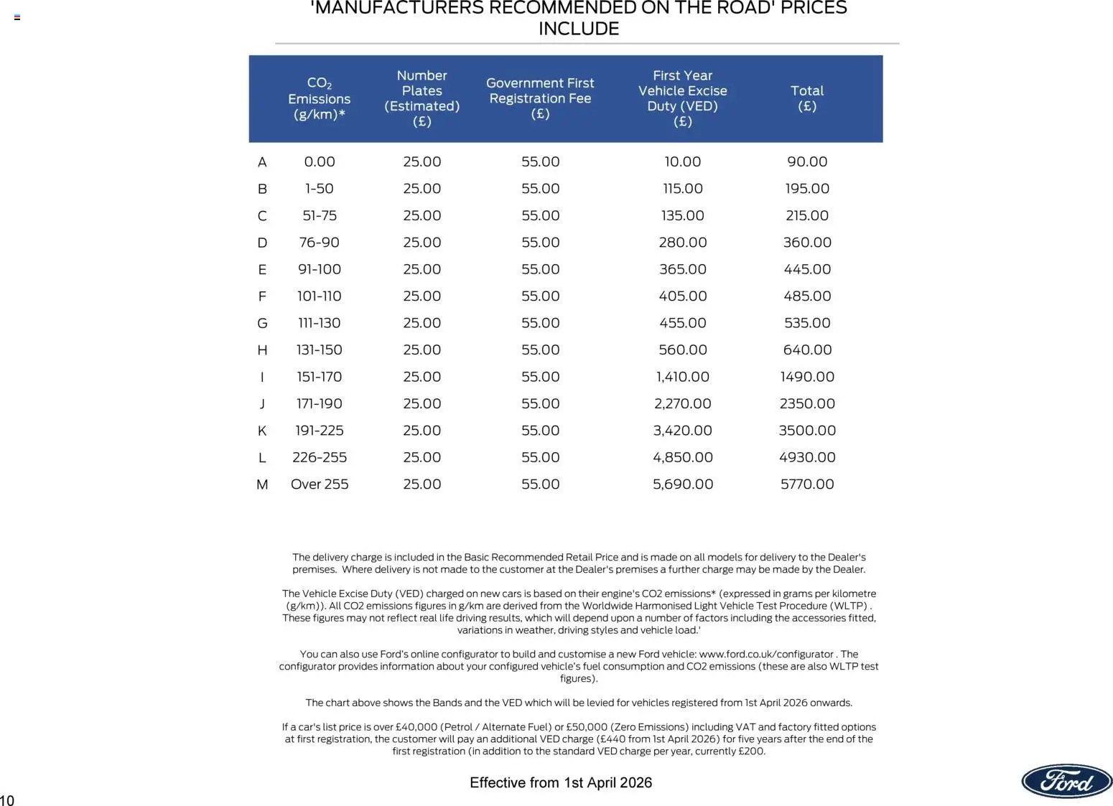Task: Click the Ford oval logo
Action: click(1066, 781)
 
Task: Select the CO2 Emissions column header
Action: click(320, 98)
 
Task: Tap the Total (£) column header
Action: click(807, 98)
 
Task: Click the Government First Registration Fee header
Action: click(540, 98)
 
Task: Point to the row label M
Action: click(262, 484)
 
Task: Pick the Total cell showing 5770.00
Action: click(807, 484)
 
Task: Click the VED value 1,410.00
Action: click(682, 377)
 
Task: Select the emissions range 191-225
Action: click(320, 431)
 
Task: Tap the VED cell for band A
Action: click(682, 162)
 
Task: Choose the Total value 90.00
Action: click(807, 162)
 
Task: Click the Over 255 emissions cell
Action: click(320, 484)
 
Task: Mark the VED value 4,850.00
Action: click(682, 457)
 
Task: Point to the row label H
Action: click(262, 350)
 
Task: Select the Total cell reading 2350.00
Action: click(807, 403)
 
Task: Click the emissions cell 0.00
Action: click(320, 162)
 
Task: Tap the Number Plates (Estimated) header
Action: click(422, 98)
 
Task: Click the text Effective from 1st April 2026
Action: click(561, 782)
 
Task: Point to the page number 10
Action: click(7, 800)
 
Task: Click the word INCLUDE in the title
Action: click(579, 29)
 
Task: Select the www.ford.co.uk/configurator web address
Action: click(766, 654)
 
